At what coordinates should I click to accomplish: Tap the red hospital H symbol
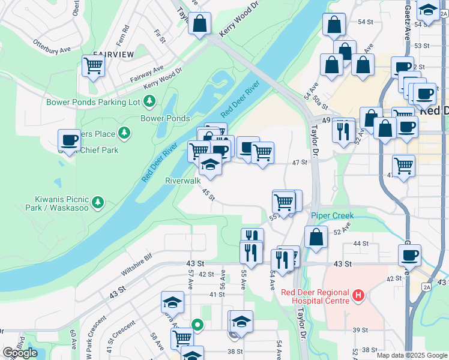coord(358,295)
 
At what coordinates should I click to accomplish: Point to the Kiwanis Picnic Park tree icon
coord(98,202)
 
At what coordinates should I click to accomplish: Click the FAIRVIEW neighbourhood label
coord(113,54)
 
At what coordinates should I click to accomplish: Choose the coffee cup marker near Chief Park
coord(70,140)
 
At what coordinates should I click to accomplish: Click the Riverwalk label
coord(183,180)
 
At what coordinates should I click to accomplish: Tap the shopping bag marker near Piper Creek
coord(316,237)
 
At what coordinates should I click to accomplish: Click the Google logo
coord(20,353)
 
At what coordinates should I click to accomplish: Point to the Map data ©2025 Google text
coord(412,355)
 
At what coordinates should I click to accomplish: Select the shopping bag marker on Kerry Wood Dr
coord(199,23)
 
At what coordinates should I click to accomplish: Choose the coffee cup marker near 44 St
coord(409,255)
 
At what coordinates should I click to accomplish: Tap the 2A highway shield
coord(427,287)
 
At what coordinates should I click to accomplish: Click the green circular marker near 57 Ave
coord(197,326)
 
